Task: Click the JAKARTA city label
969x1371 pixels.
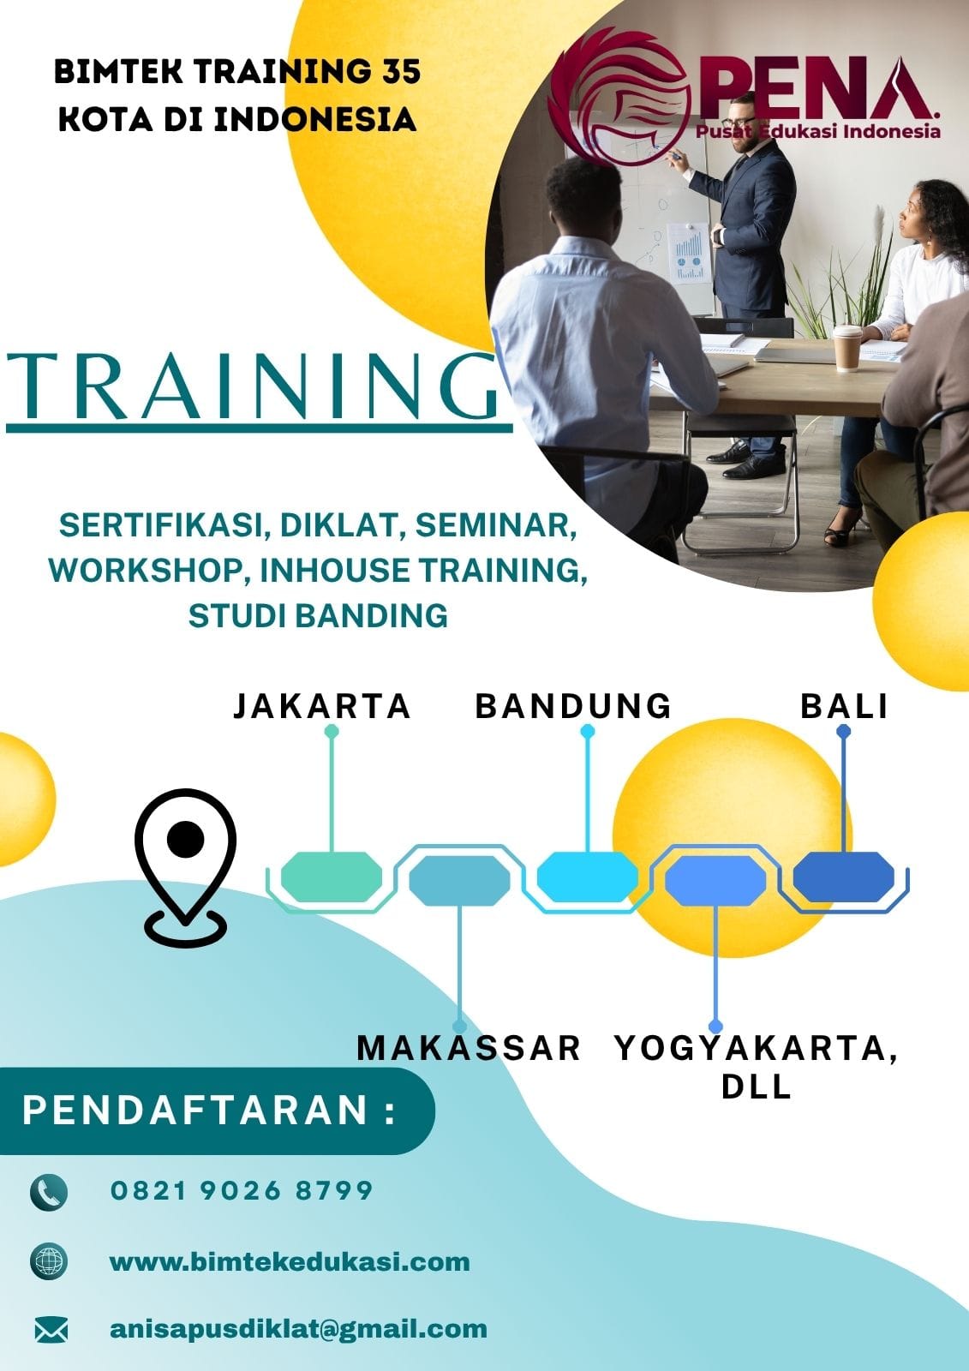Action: [x=321, y=706]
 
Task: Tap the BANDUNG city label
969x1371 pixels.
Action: [x=573, y=706]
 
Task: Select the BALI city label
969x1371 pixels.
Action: [x=844, y=706]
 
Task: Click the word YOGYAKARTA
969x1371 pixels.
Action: [x=751, y=1048]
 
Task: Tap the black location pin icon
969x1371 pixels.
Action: [x=185, y=867]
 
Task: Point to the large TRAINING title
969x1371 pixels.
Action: [x=252, y=386]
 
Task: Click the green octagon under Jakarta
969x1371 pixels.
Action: [x=332, y=877]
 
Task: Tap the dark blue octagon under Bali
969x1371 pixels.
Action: [x=844, y=877]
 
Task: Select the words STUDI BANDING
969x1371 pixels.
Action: [x=318, y=615]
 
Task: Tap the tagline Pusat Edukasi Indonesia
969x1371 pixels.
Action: [x=818, y=130]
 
